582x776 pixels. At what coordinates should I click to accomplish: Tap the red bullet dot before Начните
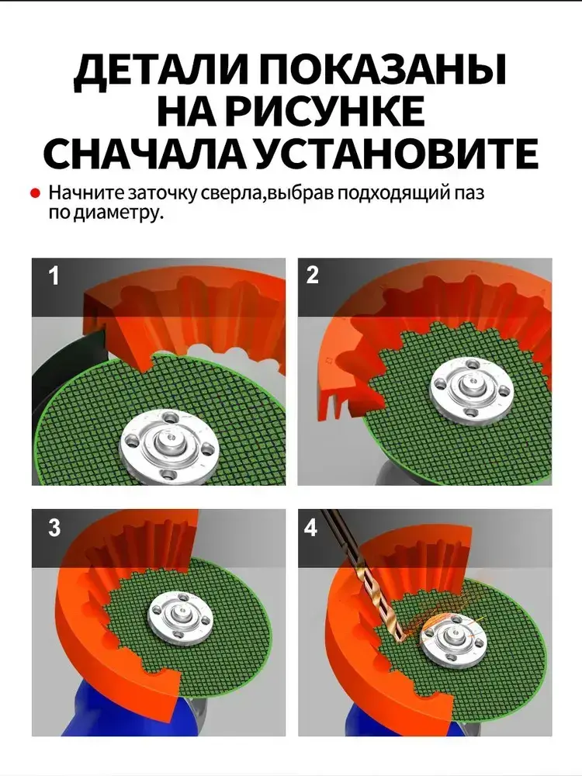pyautogui.click(x=35, y=193)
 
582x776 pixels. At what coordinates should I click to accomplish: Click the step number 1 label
pyautogui.click(x=54, y=275)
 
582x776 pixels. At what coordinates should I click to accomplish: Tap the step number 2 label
pyautogui.click(x=313, y=275)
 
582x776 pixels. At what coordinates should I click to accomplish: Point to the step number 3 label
pyautogui.click(x=54, y=528)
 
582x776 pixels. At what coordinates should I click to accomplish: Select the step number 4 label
pyautogui.click(x=310, y=528)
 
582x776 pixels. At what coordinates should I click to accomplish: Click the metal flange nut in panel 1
pyautogui.click(x=168, y=445)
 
